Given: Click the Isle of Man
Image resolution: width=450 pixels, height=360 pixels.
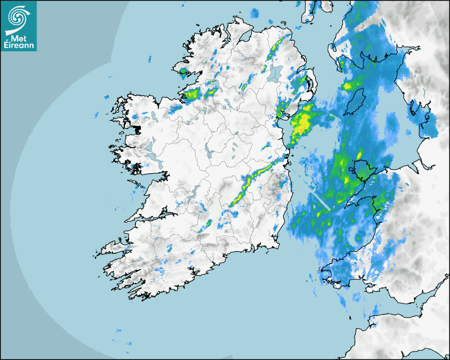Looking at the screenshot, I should [x=356, y=101].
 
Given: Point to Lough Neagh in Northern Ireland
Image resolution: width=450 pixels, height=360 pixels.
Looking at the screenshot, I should [x=275, y=73].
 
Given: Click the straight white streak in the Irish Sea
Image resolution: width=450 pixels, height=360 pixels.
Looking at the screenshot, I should [x=320, y=201].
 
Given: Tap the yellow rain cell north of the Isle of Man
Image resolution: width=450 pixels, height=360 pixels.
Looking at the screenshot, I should [x=348, y=86].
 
